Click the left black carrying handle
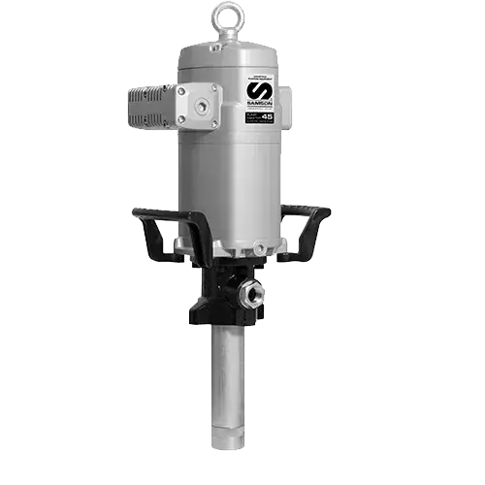click(155, 217)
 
